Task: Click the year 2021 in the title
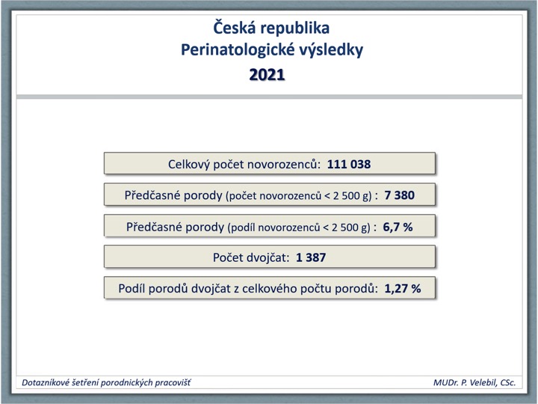(x=267, y=75)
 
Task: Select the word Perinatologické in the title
(x=238, y=50)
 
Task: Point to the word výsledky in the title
(x=331, y=50)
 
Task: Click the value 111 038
(x=349, y=164)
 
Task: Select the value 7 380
(x=399, y=195)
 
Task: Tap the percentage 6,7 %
(x=398, y=227)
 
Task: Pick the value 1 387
(x=311, y=257)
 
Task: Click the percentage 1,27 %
(x=403, y=289)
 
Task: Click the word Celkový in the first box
(x=189, y=165)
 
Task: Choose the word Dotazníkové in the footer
(x=45, y=383)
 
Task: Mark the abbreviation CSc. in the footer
(x=508, y=383)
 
